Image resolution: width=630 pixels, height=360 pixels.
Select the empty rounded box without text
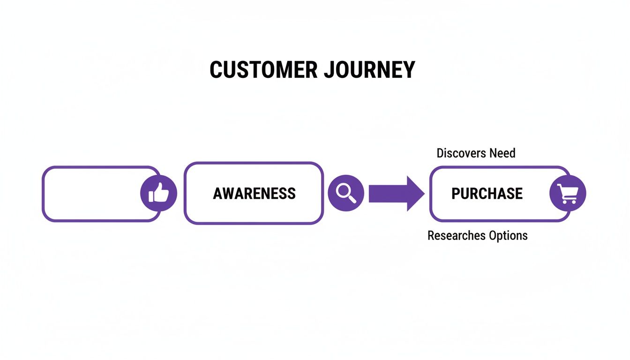[x=91, y=194]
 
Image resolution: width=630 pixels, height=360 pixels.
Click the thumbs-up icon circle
[x=158, y=194]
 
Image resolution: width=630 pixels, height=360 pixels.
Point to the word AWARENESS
[x=254, y=194]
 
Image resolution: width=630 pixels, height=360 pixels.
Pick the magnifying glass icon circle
[x=346, y=193]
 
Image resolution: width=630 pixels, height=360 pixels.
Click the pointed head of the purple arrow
[x=415, y=193]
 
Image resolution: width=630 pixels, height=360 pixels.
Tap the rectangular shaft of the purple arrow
[x=387, y=193]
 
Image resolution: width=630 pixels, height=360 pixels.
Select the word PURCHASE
[x=487, y=194]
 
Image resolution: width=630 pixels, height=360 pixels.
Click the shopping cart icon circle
[x=568, y=193]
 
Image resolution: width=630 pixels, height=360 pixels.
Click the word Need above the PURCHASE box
[x=502, y=153]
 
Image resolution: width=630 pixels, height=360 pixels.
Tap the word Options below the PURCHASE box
[x=508, y=235]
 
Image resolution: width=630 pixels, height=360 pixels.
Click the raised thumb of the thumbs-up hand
[x=160, y=188]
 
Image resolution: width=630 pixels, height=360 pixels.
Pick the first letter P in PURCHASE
[x=456, y=194]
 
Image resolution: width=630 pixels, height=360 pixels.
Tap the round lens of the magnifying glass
[x=344, y=190]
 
